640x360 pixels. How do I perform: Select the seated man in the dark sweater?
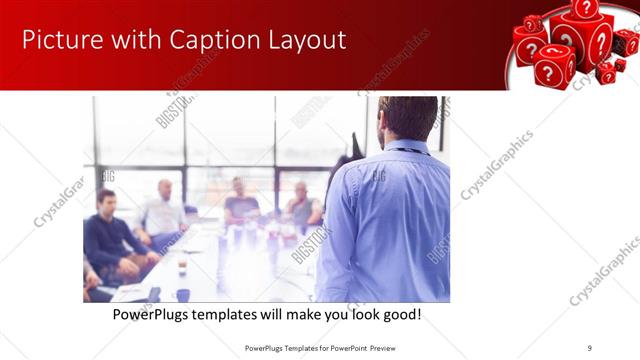[x=110, y=235]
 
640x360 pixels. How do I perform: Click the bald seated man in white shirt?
[x=163, y=212]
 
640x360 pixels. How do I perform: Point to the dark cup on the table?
[x=183, y=294]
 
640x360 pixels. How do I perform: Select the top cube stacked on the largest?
[x=586, y=8]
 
